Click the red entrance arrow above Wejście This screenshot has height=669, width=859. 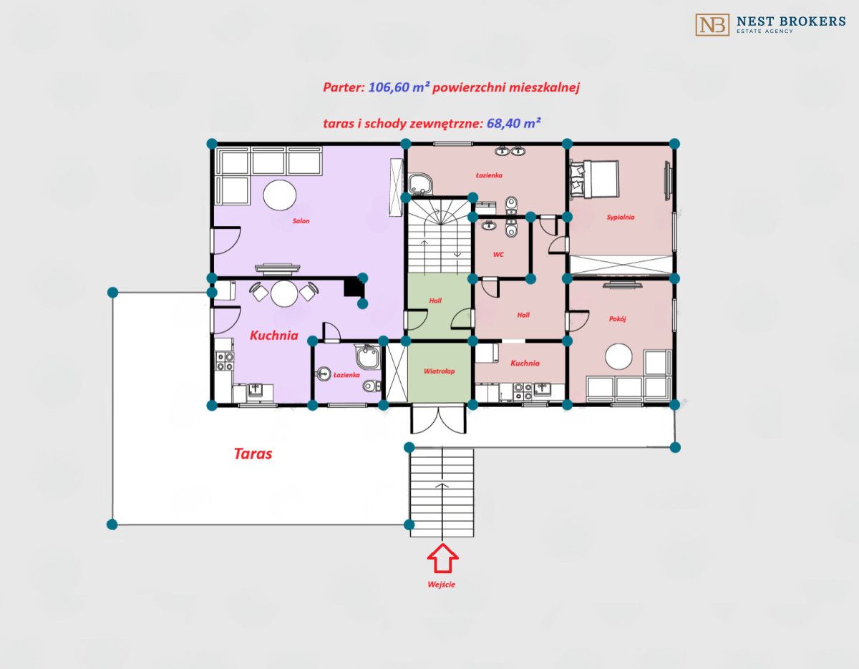(x=442, y=558)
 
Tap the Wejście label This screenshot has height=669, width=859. (x=442, y=585)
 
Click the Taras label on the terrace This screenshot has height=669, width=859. (x=253, y=454)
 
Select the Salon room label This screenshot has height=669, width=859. (x=301, y=221)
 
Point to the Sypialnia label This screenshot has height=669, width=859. (x=621, y=217)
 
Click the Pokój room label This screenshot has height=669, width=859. (x=618, y=318)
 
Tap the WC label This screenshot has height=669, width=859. (x=498, y=255)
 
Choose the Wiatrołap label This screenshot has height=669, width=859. (x=440, y=371)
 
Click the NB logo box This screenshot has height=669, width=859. (x=712, y=25)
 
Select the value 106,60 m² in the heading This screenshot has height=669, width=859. (x=399, y=87)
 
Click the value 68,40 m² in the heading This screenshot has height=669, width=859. (x=513, y=123)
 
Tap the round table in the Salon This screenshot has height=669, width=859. (x=280, y=195)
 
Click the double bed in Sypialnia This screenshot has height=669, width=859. (x=594, y=178)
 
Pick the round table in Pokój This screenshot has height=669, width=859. (x=618, y=357)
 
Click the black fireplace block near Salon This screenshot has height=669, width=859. (x=354, y=286)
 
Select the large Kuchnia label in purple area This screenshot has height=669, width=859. (x=274, y=336)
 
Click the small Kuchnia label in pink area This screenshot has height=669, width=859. (x=525, y=363)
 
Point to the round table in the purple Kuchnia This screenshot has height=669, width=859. (x=284, y=293)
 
